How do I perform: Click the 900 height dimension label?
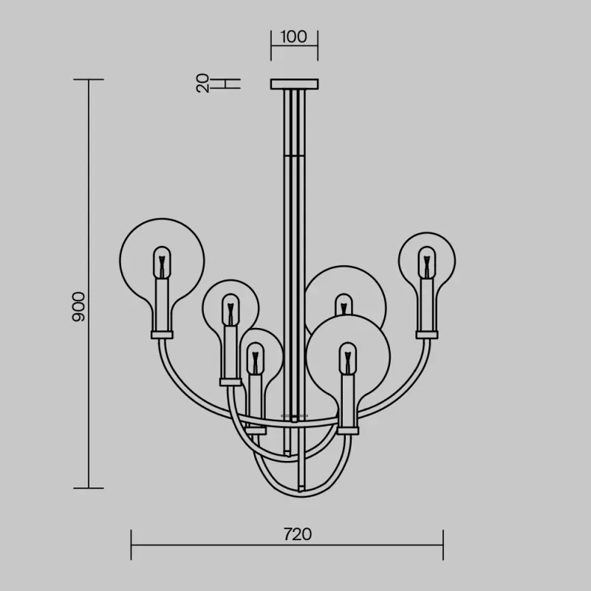click(x=78, y=307)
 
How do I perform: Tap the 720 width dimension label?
click(x=298, y=534)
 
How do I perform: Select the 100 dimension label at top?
click(x=293, y=36)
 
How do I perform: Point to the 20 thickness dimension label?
click(x=202, y=83)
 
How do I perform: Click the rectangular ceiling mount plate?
click(x=294, y=84)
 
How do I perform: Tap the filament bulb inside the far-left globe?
click(x=162, y=263)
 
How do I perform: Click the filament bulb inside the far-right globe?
click(x=427, y=263)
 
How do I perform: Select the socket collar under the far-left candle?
click(x=162, y=335)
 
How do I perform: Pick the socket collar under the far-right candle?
click(x=427, y=335)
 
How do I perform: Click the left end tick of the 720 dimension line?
click(x=131, y=544)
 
